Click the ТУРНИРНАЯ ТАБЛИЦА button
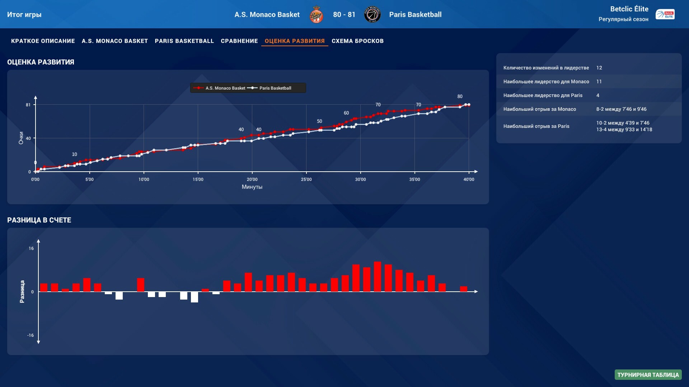pos(648,375)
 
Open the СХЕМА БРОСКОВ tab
pos(357,41)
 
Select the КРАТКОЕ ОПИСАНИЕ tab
pos(43,41)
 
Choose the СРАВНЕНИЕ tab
pos(239,41)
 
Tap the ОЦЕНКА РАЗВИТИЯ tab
pos(294,41)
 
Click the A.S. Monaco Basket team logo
pos(316,15)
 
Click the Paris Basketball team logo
pos(372,15)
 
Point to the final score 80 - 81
pos(344,15)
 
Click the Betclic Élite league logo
pos(665,14)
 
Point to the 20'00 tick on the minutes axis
pos(252,180)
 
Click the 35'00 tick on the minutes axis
pos(414,180)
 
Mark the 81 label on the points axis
pos(28,105)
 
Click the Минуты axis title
pos(252,187)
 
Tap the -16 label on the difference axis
pos(31,335)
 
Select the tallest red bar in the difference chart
pos(377,276)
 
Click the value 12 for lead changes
pos(599,68)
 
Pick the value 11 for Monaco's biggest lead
pos(599,82)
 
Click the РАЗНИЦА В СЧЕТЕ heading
pos(39,220)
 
